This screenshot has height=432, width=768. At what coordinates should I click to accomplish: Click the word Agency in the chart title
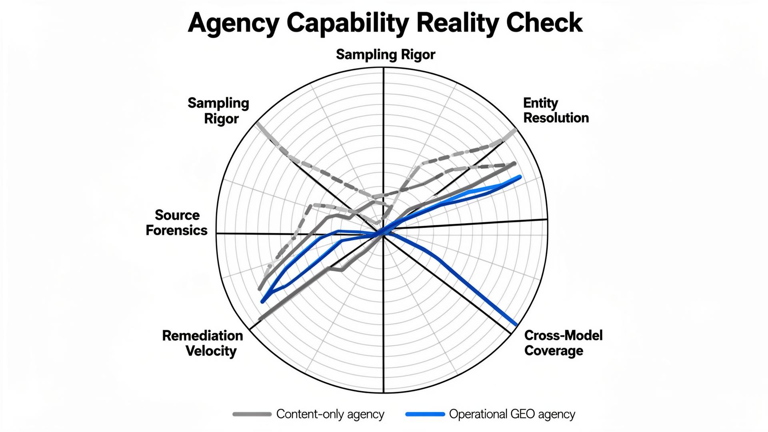(x=233, y=23)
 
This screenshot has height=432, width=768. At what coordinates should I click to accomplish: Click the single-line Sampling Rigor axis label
(x=386, y=54)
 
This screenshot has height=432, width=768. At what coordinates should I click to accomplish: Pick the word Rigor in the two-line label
(x=221, y=119)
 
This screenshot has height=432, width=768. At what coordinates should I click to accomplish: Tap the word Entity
(x=540, y=103)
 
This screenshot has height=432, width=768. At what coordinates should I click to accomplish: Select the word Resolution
(x=556, y=118)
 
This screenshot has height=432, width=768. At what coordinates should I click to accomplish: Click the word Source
(x=177, y=215)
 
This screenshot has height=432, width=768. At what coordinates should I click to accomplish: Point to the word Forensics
(x=176, y=230)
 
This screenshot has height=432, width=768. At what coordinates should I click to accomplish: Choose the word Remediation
(x=202, y=336)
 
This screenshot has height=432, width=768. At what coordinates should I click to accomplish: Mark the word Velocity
(x=211, y=351)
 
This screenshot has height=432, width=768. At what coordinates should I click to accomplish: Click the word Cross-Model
(x=563, y=335)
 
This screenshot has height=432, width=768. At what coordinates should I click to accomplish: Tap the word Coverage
(x=554, y=351)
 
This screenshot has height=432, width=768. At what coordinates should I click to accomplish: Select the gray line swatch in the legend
(x=252, y=414)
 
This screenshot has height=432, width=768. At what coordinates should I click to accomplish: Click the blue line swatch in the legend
(x=425, y=414)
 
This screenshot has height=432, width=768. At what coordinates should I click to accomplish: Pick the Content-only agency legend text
(x=330, y=414)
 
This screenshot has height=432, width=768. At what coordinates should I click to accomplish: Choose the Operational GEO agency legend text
(x=512, y=414)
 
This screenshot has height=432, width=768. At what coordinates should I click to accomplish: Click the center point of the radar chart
(x=383, y=234)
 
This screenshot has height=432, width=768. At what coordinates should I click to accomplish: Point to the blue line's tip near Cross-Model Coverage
(x=515, y=324)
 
